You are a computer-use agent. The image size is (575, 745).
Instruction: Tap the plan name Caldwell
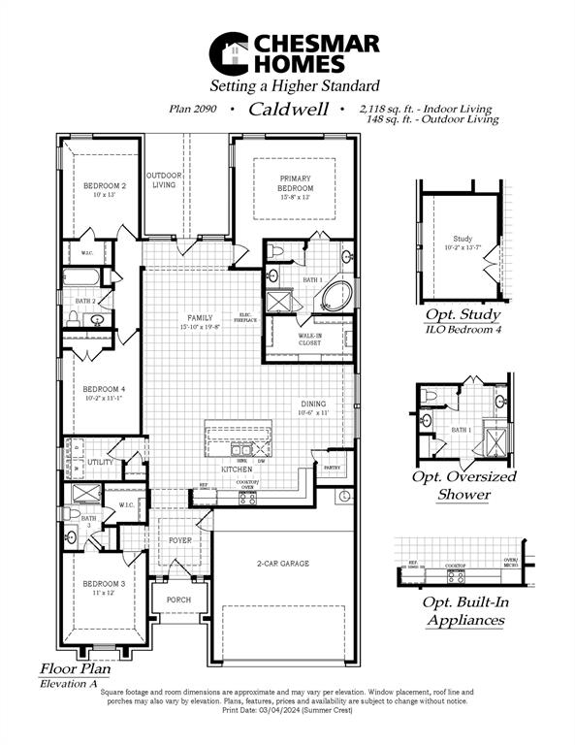point(285,110)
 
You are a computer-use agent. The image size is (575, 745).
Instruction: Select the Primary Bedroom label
point(294,181)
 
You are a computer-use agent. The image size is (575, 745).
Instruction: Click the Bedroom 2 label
point(104,185)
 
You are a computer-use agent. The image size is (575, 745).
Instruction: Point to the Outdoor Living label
point(164,179)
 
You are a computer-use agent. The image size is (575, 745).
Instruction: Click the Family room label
point(200,318)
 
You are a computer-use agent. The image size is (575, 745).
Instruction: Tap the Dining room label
point(314,404)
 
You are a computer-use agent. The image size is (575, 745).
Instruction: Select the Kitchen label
point(237,470)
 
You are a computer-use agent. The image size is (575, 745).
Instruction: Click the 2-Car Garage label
point(282,563)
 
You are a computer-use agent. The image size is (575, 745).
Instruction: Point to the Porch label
point(179,599)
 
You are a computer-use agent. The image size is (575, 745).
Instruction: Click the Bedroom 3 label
point(103,584)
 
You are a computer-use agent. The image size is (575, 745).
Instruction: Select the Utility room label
point(100,463)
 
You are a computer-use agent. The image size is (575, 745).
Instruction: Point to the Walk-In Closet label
point(309,339)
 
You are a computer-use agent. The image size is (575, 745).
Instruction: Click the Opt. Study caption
point(463,315)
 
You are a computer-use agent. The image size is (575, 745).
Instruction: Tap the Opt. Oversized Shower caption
point(464,485)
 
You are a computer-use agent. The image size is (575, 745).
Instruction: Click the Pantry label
point(332,468)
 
